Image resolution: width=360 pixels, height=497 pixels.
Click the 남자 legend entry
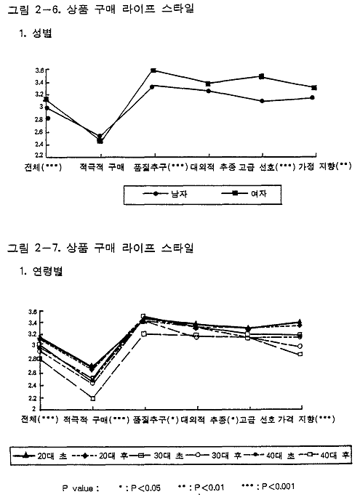pos(165,194)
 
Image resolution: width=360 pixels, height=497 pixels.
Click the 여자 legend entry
pos(244,193)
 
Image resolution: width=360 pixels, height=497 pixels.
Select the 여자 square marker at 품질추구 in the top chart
pos(153,70)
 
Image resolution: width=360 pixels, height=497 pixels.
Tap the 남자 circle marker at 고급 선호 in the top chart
pos(262,101)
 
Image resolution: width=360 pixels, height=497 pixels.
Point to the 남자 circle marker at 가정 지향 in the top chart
pos(312,97)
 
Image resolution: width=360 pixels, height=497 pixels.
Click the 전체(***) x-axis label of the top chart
pos(43,166)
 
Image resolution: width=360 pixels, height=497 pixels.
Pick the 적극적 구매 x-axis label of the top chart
pos(102,166)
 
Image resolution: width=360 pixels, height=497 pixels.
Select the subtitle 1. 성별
pos(36,33)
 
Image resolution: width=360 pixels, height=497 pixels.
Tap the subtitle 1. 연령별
pos(41,271)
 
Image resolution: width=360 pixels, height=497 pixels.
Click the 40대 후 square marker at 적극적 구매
pos(93,398)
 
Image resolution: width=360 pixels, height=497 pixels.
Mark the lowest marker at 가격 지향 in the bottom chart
pos(300,354)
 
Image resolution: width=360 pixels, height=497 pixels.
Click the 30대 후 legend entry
pos(213,456)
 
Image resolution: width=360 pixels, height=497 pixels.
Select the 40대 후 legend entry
pos(324,456)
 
